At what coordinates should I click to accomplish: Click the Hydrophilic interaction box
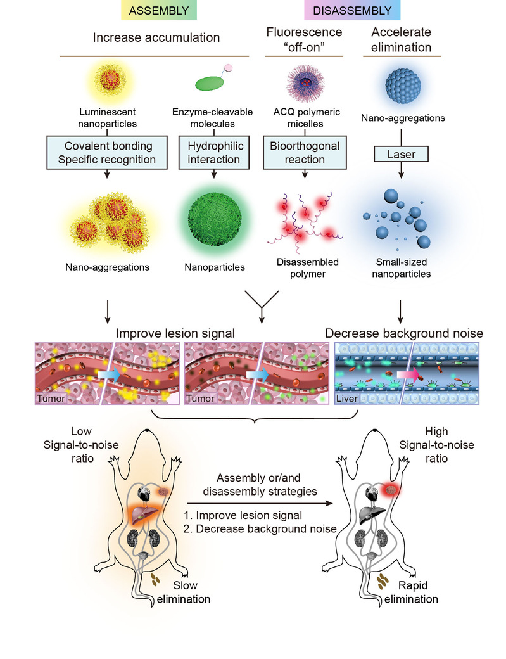point(214,152)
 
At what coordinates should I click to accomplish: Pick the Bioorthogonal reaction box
point(304,152)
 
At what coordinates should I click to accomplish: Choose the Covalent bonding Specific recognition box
point(106,152)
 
